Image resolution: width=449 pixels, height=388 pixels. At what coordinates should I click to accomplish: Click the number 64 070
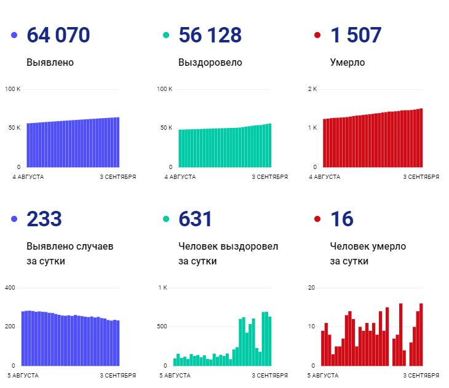(x=58, y=35)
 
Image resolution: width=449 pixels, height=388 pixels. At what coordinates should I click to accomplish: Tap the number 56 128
(x=210, y=35)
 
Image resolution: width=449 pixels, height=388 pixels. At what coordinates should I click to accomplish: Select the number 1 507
(x=356, y=35)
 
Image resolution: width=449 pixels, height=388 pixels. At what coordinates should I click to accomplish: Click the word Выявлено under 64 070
(x=50, y=63)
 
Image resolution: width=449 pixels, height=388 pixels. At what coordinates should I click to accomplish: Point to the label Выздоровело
(x=210, y=63)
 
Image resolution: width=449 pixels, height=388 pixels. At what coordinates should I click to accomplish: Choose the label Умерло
(x=347, y=63)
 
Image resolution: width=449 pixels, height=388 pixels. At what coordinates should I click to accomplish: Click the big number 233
(x=44, y=219)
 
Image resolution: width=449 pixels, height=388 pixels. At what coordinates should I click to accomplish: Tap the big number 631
(x=195, y=219)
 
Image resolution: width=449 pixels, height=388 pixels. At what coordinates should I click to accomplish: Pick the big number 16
(x=342, y=219)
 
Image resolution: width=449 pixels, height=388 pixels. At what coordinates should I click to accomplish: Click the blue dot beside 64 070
(x=14, y=36)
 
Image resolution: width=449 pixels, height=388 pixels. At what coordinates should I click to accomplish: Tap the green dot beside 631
(x=165, y=220)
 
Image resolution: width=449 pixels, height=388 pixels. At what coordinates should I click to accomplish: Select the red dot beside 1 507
(x=317, y=36)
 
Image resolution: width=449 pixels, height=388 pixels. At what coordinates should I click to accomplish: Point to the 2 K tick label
(x=312, y=89)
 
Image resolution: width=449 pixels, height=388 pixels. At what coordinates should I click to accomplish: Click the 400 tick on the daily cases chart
(x=10, y=288)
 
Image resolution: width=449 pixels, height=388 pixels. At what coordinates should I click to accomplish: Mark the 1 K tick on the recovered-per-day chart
(x=162, y=288)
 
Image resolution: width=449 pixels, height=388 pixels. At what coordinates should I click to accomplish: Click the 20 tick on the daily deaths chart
(x=311, y=288)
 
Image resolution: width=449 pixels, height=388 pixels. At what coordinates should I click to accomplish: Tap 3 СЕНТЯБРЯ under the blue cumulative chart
(x=118, y=177)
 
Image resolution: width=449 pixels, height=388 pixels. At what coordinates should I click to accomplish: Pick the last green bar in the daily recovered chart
(x=269, y=341)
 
